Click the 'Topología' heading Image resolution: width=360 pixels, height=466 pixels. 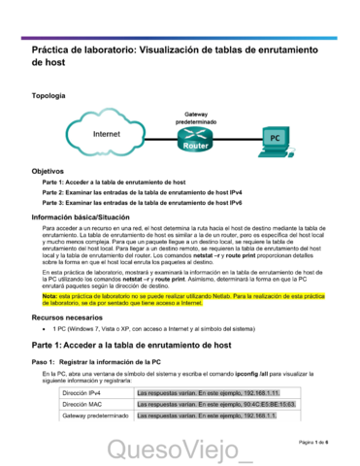(49, 96)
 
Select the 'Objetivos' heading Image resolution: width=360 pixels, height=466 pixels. (48, 170)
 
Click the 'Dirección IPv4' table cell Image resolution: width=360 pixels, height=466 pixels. (82, 391)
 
